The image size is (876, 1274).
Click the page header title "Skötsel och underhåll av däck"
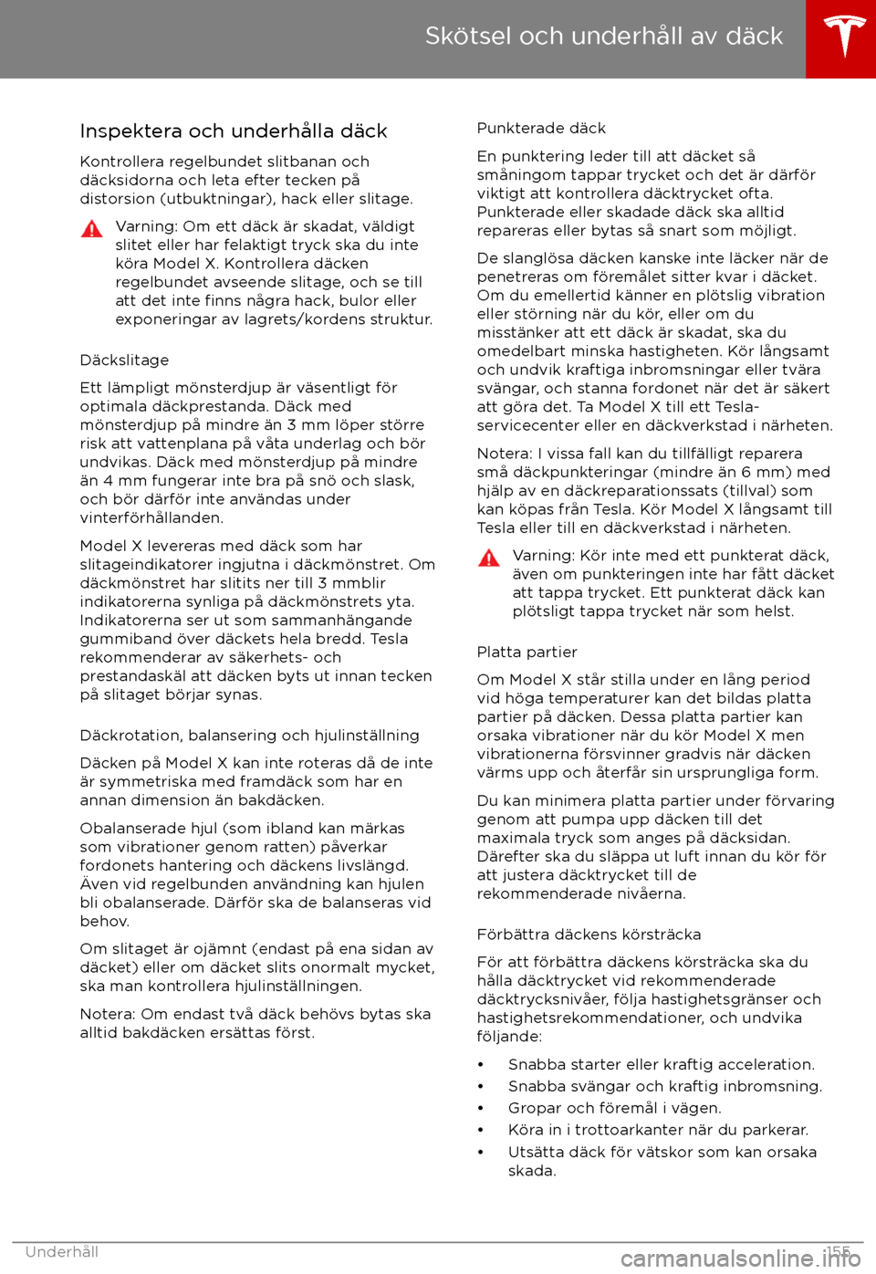coord(603,37)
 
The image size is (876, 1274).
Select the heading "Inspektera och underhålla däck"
coord(234,131)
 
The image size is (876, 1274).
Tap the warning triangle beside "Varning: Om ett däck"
coord(92,229)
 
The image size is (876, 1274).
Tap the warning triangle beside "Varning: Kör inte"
coord(489,559)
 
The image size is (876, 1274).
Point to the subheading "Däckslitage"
coord(124,360)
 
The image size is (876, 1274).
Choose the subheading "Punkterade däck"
coord(541,129)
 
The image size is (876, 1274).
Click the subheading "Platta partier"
coord(527,653)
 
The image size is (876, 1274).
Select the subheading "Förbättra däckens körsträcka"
coord(589,935)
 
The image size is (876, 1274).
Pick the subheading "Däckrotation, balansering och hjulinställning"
coord(249,736)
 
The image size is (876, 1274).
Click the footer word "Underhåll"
coord(62,1252)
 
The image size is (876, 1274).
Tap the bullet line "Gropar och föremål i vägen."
coord(614,1109)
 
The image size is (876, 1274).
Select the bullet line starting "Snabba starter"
coord(661,1065)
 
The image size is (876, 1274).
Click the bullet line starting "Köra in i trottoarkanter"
coord(658,1131)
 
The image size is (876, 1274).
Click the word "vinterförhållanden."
coord(151,518)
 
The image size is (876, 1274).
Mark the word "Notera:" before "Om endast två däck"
coord(108,1015)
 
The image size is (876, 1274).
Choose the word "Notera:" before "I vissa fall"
coord(505,454)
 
